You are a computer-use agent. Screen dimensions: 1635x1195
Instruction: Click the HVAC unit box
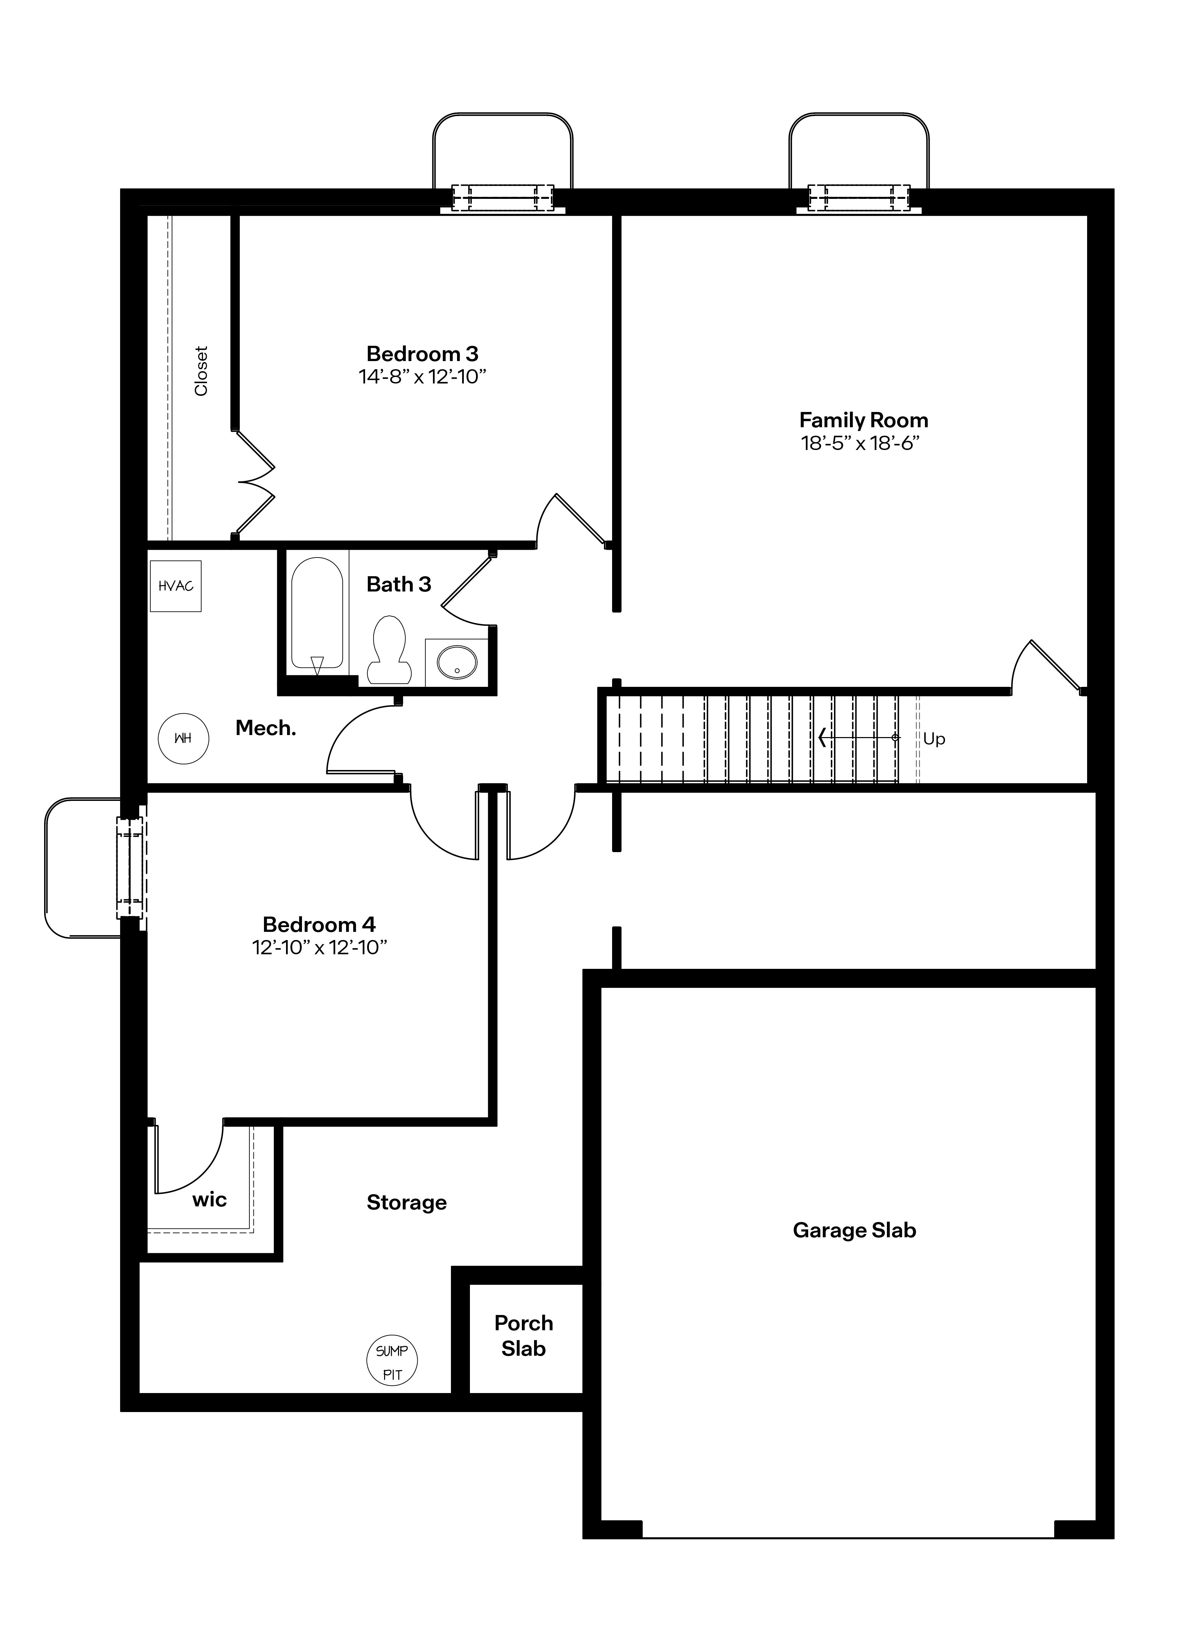tap(176, 586)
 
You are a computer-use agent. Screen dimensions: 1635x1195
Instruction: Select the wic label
tap(210, 1200)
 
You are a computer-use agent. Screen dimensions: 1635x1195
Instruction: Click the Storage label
tap(406, 1202)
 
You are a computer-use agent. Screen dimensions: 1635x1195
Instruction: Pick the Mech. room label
tap(265, 729)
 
